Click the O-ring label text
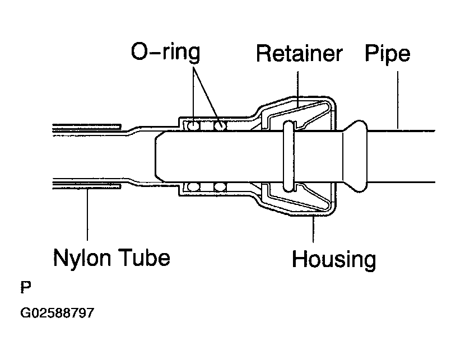(165, 52)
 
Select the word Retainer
(299, 53)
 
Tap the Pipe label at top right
(387, 54)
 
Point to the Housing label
(334, 259)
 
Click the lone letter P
(26, 287)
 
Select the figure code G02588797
(57, 313)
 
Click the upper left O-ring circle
(193, 126)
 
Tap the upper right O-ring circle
(220, 126)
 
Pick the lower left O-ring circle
(193, 187)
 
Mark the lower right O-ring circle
(220, 187)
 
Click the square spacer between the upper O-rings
(207, 126)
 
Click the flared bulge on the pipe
(355, 156)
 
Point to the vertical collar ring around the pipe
(289, 156)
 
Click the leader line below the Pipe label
(398, 100)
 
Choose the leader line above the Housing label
(313, 229)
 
